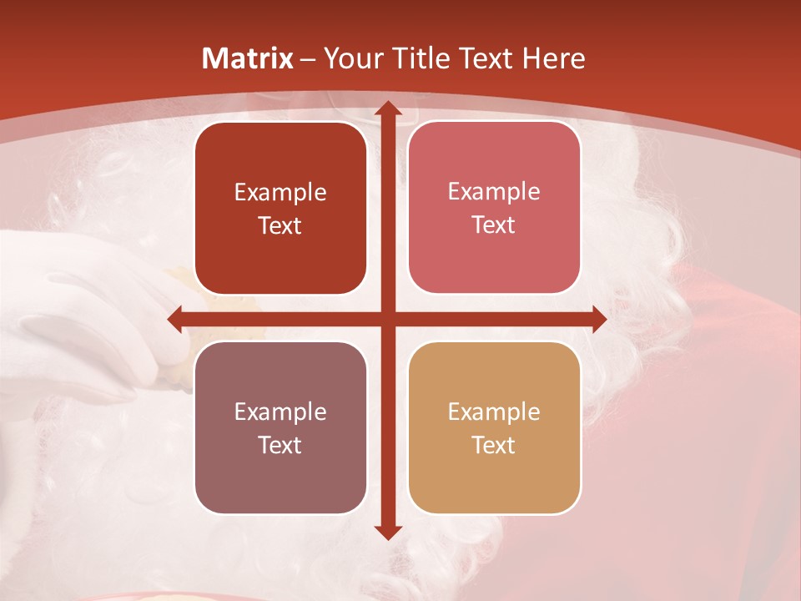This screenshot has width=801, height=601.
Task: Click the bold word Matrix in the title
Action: [x=248, y=58]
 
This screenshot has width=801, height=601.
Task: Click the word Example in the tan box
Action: [x=494, y=412]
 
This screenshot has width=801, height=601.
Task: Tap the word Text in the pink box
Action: [x=494, y=225]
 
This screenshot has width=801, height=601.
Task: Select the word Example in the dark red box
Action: [x=280, y=193]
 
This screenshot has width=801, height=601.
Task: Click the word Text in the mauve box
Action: [x=280, y=445]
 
